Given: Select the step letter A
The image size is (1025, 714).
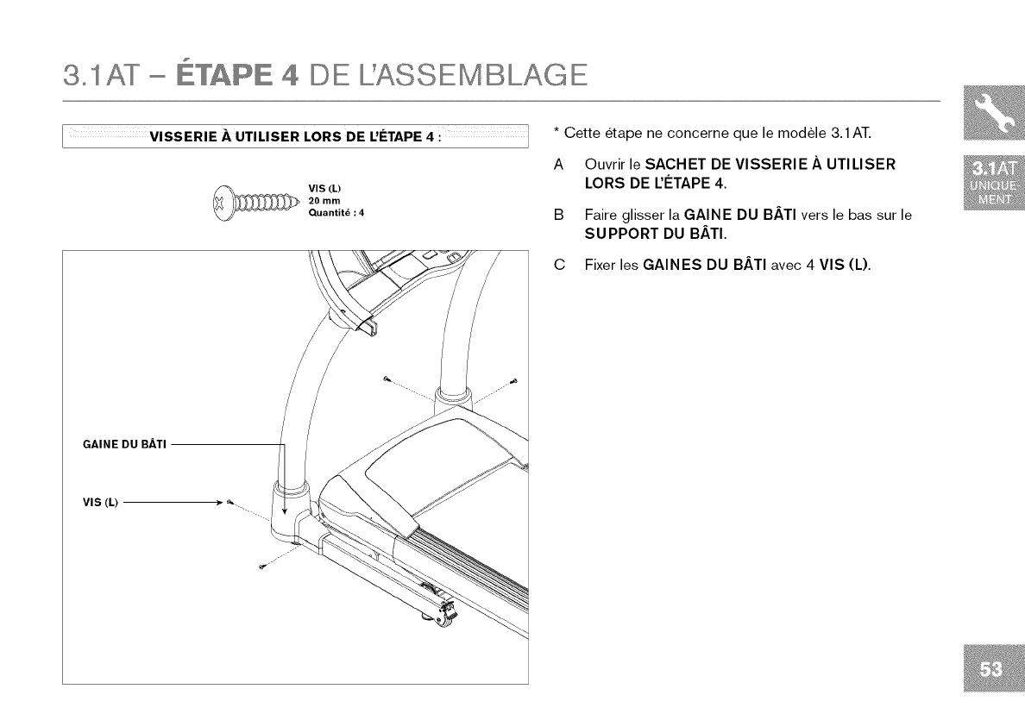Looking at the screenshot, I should click(559, 164).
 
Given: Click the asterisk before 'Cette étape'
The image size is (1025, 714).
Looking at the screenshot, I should click(557, 131).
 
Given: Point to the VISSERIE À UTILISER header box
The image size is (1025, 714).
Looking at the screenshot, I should click(294, 135).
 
